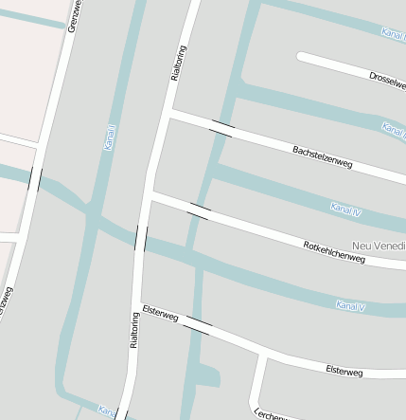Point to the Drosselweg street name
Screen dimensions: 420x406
click(x=387, y=78)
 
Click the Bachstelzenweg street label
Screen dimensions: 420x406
click(x=322, y=157)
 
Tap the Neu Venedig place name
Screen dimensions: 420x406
click(x=379, y=246)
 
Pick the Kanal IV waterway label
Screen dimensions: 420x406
click(x=345, y=210)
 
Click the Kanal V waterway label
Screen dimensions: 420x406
click(x=350, y=305)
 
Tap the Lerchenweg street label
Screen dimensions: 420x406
click(x=269, y=413)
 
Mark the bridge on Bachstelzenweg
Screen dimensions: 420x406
click(x=221, y=129)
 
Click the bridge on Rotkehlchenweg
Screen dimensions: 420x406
click(x=199, y=210)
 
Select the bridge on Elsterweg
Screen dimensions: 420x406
click(x=198, y=327)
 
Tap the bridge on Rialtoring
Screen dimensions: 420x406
click(x=141, y=237)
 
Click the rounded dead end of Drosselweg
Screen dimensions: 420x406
click(x=303, y=57)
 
